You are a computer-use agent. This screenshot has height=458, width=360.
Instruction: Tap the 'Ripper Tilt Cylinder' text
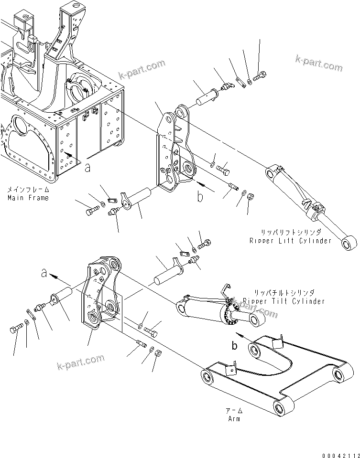click(284, 301)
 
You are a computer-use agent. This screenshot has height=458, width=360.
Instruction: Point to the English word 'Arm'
click(233, 419)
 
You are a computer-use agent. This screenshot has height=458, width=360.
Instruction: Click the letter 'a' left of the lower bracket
click(44, 273)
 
